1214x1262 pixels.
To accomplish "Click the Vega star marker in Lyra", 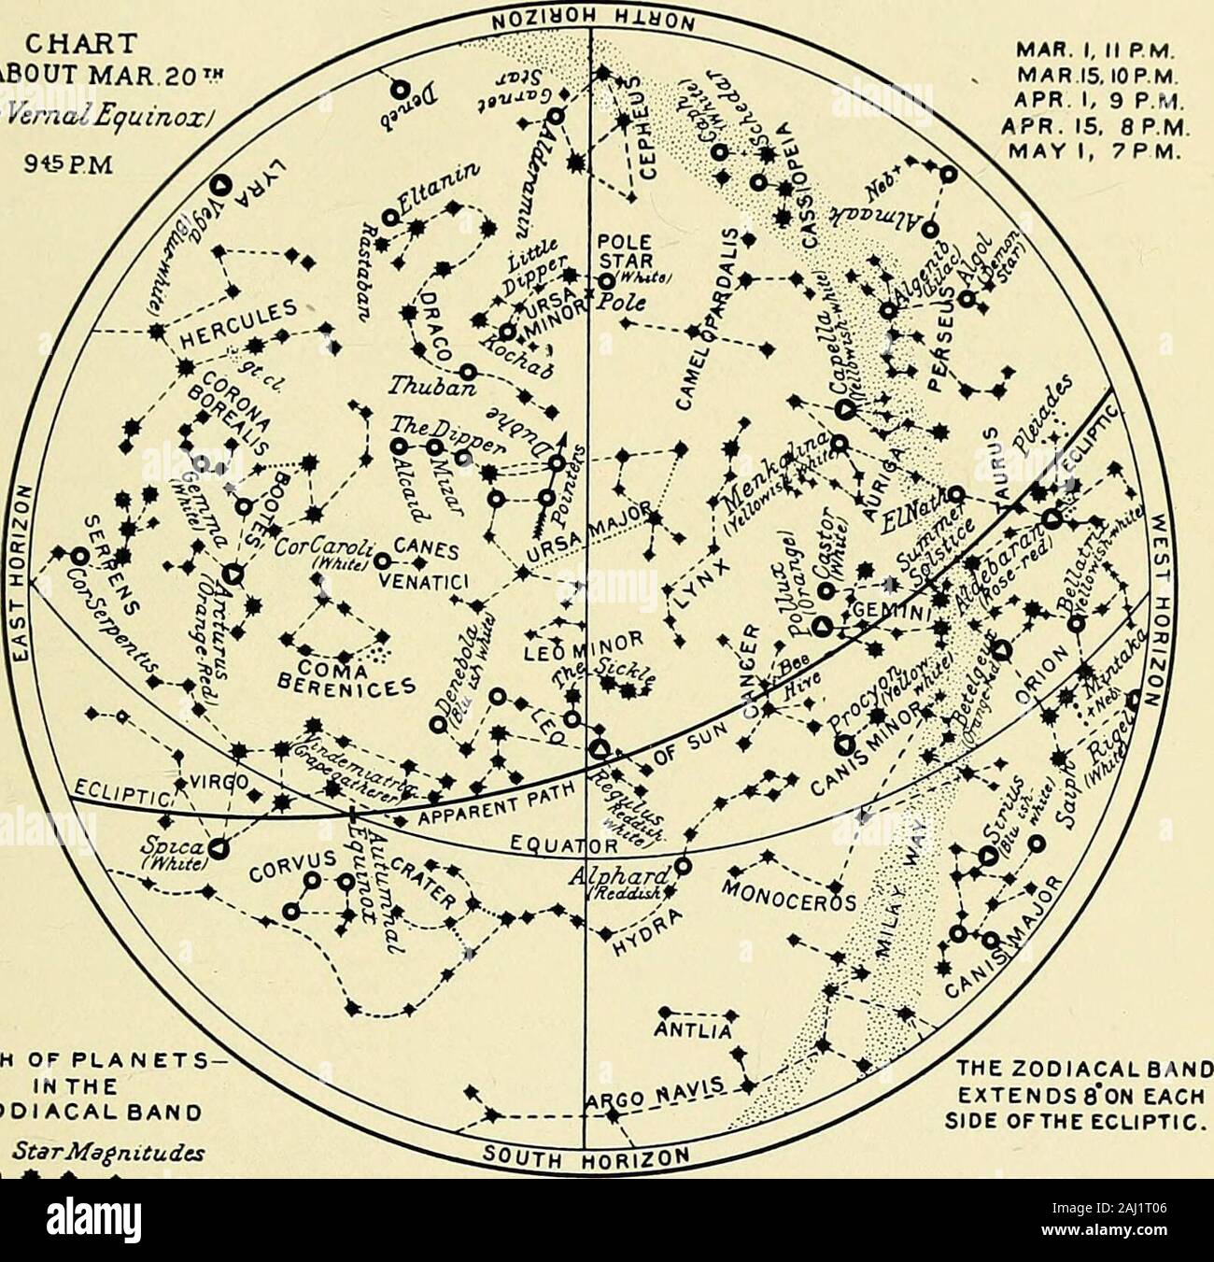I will click(222, 184).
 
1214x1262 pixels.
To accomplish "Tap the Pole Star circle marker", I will click(607, 280).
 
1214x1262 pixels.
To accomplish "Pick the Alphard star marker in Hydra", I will click(684, 865).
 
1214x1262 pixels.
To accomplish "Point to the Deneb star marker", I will click(399, 90).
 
